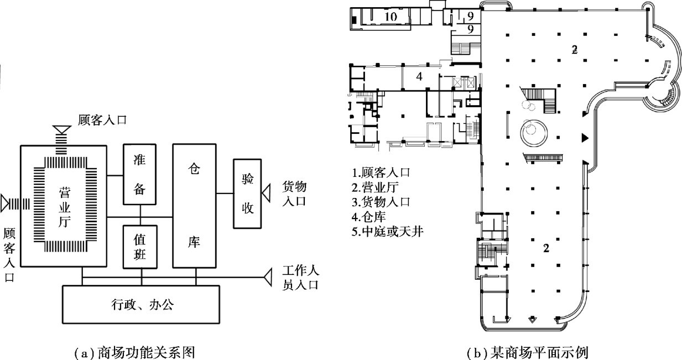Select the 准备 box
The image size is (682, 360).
(140, 174)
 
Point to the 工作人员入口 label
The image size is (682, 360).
(302, 278)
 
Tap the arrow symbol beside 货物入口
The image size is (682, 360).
(266, 194)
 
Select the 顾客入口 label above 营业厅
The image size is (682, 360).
(102, 119)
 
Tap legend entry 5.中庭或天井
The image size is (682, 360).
(387, 232)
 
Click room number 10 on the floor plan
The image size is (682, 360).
(390, 17)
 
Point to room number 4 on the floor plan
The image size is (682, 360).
(419, 77)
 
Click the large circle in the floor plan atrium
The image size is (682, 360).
(533, 132)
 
